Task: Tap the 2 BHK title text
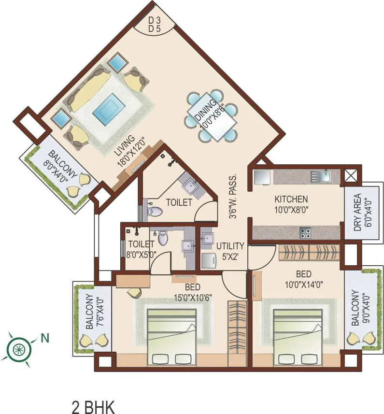click(93, 406)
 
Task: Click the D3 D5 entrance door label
click(154, 24)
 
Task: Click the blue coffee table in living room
click(107, 109)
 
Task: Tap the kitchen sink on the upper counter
click(320, 176)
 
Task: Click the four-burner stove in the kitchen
click(306, 233)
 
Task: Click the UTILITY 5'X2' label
click(230, 250)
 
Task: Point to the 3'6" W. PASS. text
click(234, 196)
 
